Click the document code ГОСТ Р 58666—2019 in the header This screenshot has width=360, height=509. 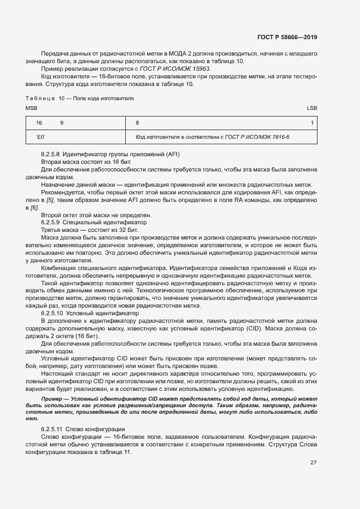pos(286,38)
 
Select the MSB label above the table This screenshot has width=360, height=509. pos(31,108)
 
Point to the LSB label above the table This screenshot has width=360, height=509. pos(312,108)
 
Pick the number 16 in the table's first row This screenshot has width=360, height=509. pos(39,123)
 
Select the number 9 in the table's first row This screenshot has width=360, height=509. pos(62,123)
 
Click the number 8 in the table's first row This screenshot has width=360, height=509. pos(137,123)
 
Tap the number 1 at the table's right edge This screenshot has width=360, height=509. pos(312,123)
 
